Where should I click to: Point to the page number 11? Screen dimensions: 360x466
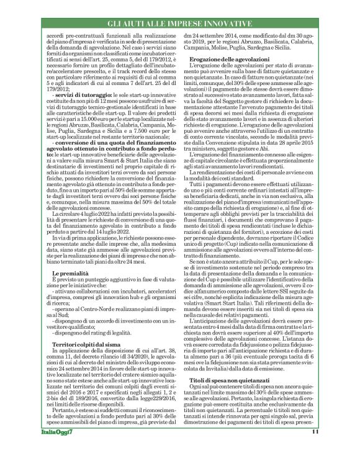coord(315,449)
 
